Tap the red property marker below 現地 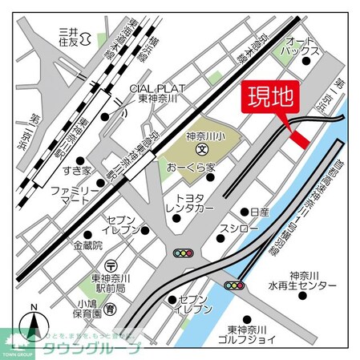(x=298, y=139)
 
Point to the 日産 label (x=258, y=212)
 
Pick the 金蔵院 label (x=88, y=245)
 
